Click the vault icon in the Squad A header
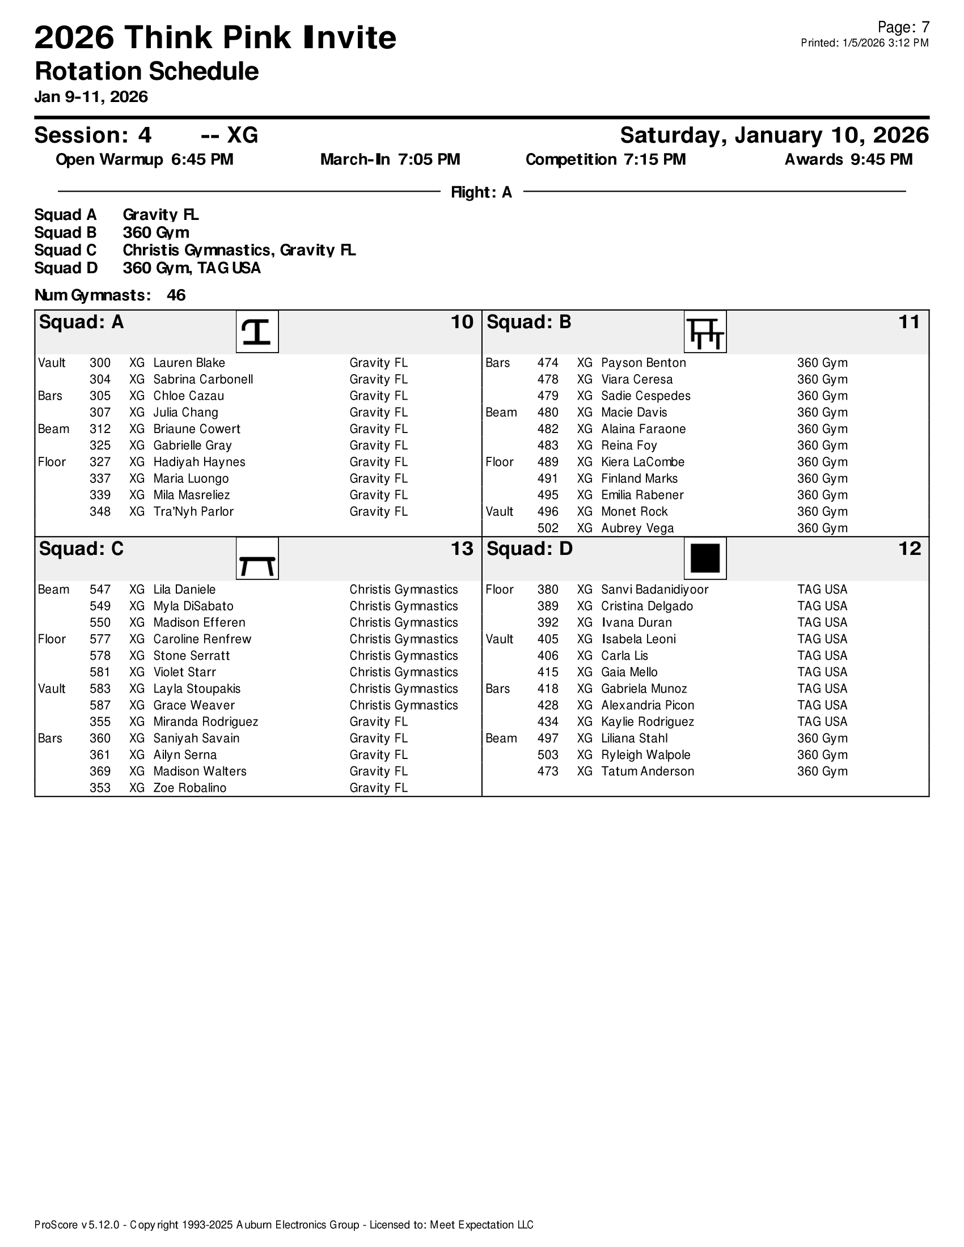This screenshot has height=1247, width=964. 257,332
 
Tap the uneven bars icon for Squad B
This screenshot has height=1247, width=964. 705,332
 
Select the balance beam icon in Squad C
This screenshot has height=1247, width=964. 257,558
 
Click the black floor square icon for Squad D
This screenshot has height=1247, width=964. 705,558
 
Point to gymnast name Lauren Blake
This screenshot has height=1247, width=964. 189,363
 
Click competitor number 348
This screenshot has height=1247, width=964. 100,512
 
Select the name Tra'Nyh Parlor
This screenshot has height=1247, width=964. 193,512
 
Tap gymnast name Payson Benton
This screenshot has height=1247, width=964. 643,363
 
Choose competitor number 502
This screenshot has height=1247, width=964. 548,529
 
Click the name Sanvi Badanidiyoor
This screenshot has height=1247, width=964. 654,590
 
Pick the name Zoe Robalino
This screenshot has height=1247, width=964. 189,788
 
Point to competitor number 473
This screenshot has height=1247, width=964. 548,772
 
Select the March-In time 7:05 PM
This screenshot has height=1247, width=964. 429,160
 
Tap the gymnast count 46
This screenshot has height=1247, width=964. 176,295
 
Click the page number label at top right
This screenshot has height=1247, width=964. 903,27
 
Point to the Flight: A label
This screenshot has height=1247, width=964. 481,192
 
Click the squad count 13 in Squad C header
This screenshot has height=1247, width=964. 462,549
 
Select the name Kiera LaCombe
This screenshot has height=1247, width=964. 642,463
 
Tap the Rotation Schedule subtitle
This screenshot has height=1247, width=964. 147,72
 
